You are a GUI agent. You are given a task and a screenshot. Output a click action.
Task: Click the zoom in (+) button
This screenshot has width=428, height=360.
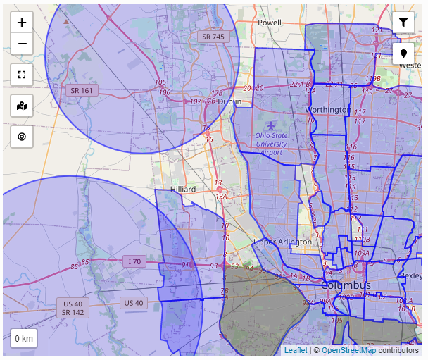pos(22,23)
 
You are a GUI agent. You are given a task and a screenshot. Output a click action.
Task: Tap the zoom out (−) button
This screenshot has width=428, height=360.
pos(22,44)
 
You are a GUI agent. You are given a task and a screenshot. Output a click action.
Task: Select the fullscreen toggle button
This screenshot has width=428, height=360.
pos(22,74)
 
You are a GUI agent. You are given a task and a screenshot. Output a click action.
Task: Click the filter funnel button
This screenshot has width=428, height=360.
pos(403,23)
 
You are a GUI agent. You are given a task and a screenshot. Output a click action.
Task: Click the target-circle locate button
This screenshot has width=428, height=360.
pos(22,137)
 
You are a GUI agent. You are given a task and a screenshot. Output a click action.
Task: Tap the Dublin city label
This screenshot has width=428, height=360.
pos(229,101)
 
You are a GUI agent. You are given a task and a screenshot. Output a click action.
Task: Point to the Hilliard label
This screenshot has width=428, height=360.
pos(183,190)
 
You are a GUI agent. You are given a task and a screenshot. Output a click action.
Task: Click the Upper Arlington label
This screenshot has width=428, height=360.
pos(282,242)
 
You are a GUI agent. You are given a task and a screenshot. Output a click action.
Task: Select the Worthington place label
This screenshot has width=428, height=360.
pos(327,110)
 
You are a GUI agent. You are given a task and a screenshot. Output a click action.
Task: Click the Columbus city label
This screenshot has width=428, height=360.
pos(346,285)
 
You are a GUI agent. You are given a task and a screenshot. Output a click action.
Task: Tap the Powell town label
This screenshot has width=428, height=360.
pos(269,23)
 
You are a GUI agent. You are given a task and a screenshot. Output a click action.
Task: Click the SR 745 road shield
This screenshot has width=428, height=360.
pos(213,37)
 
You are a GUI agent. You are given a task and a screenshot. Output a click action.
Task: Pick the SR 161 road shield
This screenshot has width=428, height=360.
pos(82,91)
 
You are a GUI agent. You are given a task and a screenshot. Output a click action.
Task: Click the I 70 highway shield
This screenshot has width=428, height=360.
pos(134,261)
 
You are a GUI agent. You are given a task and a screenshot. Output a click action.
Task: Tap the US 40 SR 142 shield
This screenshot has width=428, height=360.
pos(73,307)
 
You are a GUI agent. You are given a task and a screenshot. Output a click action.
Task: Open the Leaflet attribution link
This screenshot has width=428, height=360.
pos(296,350)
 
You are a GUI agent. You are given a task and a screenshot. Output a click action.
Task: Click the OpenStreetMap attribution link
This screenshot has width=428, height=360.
pos(348,350)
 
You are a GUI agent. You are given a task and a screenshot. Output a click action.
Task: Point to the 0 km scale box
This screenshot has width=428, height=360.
pos(24,339)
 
